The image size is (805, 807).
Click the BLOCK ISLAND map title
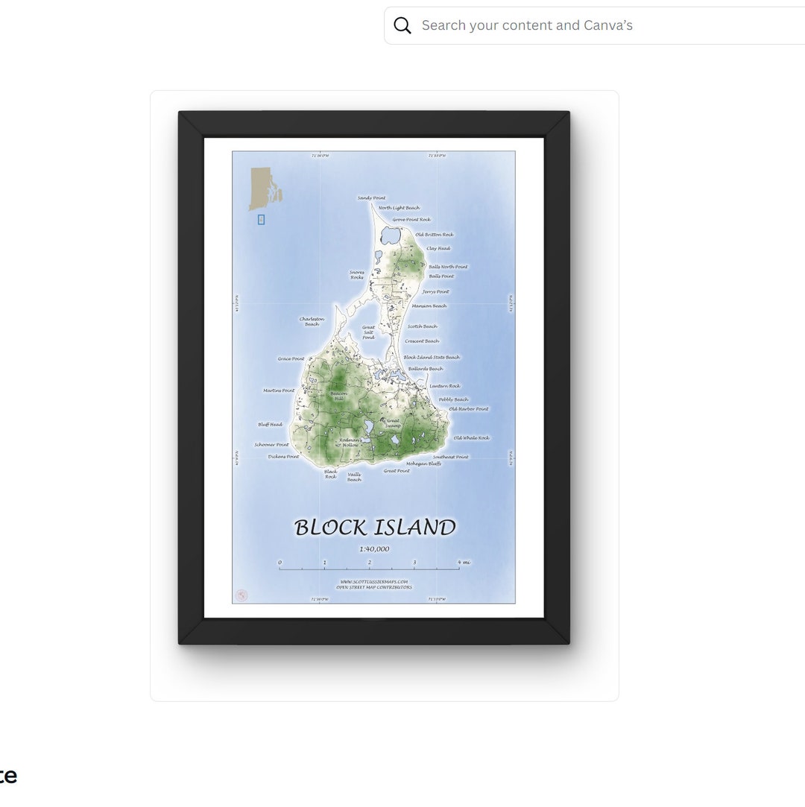(x=374, y=528)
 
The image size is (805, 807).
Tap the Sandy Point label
(x=371, y=198)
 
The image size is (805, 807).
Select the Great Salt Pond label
(x=368, y=332)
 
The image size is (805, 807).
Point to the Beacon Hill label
(x=338, y=396)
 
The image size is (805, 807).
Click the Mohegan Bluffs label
(x=423, y=463)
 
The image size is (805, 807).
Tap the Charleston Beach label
(x=312, y=321)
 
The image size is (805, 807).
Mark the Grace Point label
(x=291, y=359)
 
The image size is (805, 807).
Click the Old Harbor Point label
(x=468, y=409)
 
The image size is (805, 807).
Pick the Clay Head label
(x=438, y=249)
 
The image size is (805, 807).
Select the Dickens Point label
(x=283, y=457)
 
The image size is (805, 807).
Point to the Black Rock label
(x=330, y=474)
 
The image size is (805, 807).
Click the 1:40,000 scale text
(x=374, y=549)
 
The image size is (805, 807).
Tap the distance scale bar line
(x=369, y=569)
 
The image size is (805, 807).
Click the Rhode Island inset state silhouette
(x=262, y=188)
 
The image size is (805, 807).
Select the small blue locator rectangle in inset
(x=261, y=219)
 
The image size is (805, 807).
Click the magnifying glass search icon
(x=402, y=25)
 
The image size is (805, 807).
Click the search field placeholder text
(x=527, y=25)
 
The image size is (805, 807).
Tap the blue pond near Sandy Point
(x=391, y=236)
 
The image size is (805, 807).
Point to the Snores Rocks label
(x=357, y=275)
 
